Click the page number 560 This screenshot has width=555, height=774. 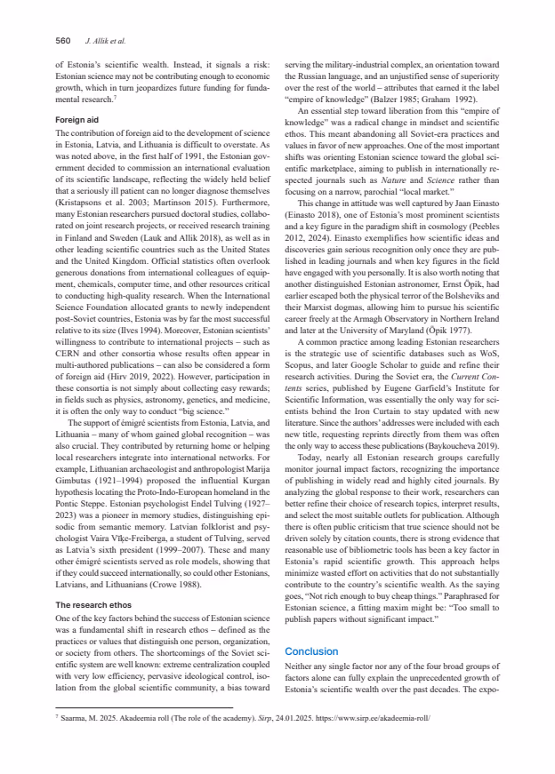point(63,40)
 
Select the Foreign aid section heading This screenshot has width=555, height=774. point(76,118)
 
